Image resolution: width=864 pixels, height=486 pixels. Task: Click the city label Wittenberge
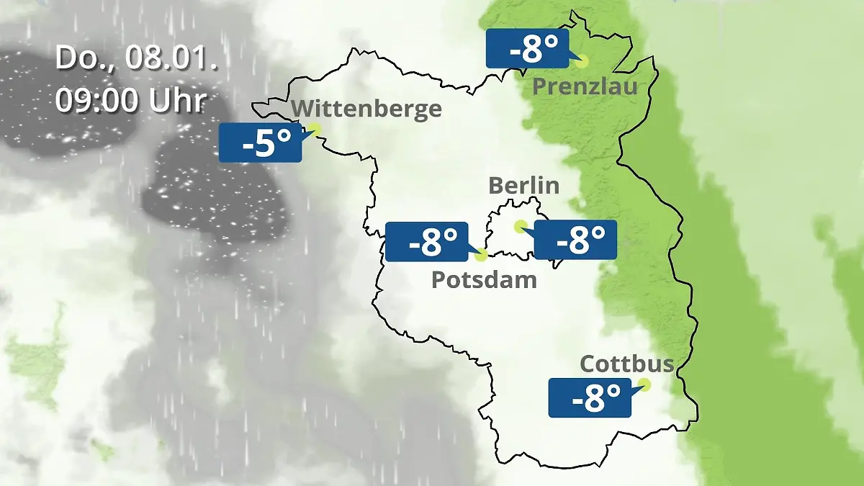tap(367, 109)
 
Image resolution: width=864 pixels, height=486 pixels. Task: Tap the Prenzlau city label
tap(585, 88)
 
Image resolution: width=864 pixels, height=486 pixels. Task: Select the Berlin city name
tap(523, 186)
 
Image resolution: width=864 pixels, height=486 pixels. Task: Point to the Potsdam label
tap(484, 279)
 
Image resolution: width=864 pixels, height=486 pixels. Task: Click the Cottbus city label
tap(627, 364)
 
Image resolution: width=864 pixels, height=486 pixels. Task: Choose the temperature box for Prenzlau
tap(527, 49)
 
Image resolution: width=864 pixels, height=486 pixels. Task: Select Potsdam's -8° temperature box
tap(427, 242)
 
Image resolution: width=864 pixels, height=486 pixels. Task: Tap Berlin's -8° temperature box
tap(575, 240)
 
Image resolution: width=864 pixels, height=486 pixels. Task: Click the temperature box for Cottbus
tap(590, 397)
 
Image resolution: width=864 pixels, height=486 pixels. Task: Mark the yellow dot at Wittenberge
tap(315, 129)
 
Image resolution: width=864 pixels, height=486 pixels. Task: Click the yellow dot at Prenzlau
tap(582, 61)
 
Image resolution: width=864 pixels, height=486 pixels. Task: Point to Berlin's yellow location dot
tap(519, 226)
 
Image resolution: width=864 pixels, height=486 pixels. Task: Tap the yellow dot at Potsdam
tap(482, 254)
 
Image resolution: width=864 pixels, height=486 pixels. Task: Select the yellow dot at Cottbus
tap(644, 384)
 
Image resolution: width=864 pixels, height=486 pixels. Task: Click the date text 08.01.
tap(171, 58)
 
